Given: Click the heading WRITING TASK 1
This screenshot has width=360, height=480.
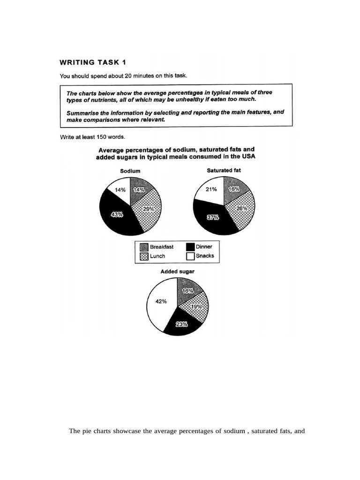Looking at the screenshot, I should (x=92, y=61).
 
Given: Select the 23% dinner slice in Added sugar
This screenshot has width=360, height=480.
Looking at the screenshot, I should (x=182, y=324).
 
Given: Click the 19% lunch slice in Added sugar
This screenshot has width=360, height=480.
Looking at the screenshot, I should (x=196, y=307).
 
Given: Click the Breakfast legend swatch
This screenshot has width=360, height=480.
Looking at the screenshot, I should (x=144, y=247).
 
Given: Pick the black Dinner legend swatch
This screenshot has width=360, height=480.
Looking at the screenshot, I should (x=190, y=247).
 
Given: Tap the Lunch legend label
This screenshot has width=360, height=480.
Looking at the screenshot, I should (x=157, y=256).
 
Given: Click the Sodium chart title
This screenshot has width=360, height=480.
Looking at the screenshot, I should (x=130, y=172).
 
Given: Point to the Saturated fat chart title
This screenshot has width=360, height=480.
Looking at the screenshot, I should (x=224, y=170).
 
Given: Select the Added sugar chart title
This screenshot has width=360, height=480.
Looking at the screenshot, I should (x=177, y=271).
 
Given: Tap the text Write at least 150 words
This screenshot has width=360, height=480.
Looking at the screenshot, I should (x=92, y=137).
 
